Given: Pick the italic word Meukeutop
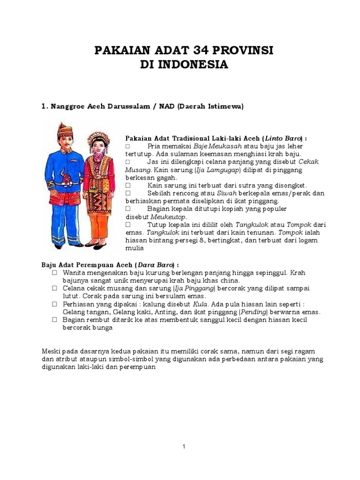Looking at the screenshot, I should point(169,217).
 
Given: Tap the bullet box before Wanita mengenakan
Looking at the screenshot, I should point(54,272).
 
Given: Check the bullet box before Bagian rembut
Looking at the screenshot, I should point(54,320).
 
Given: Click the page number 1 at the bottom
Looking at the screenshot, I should point(184,447).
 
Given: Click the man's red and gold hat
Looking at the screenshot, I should point(64,129).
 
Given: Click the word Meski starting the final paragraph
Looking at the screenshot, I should point(50,351).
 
